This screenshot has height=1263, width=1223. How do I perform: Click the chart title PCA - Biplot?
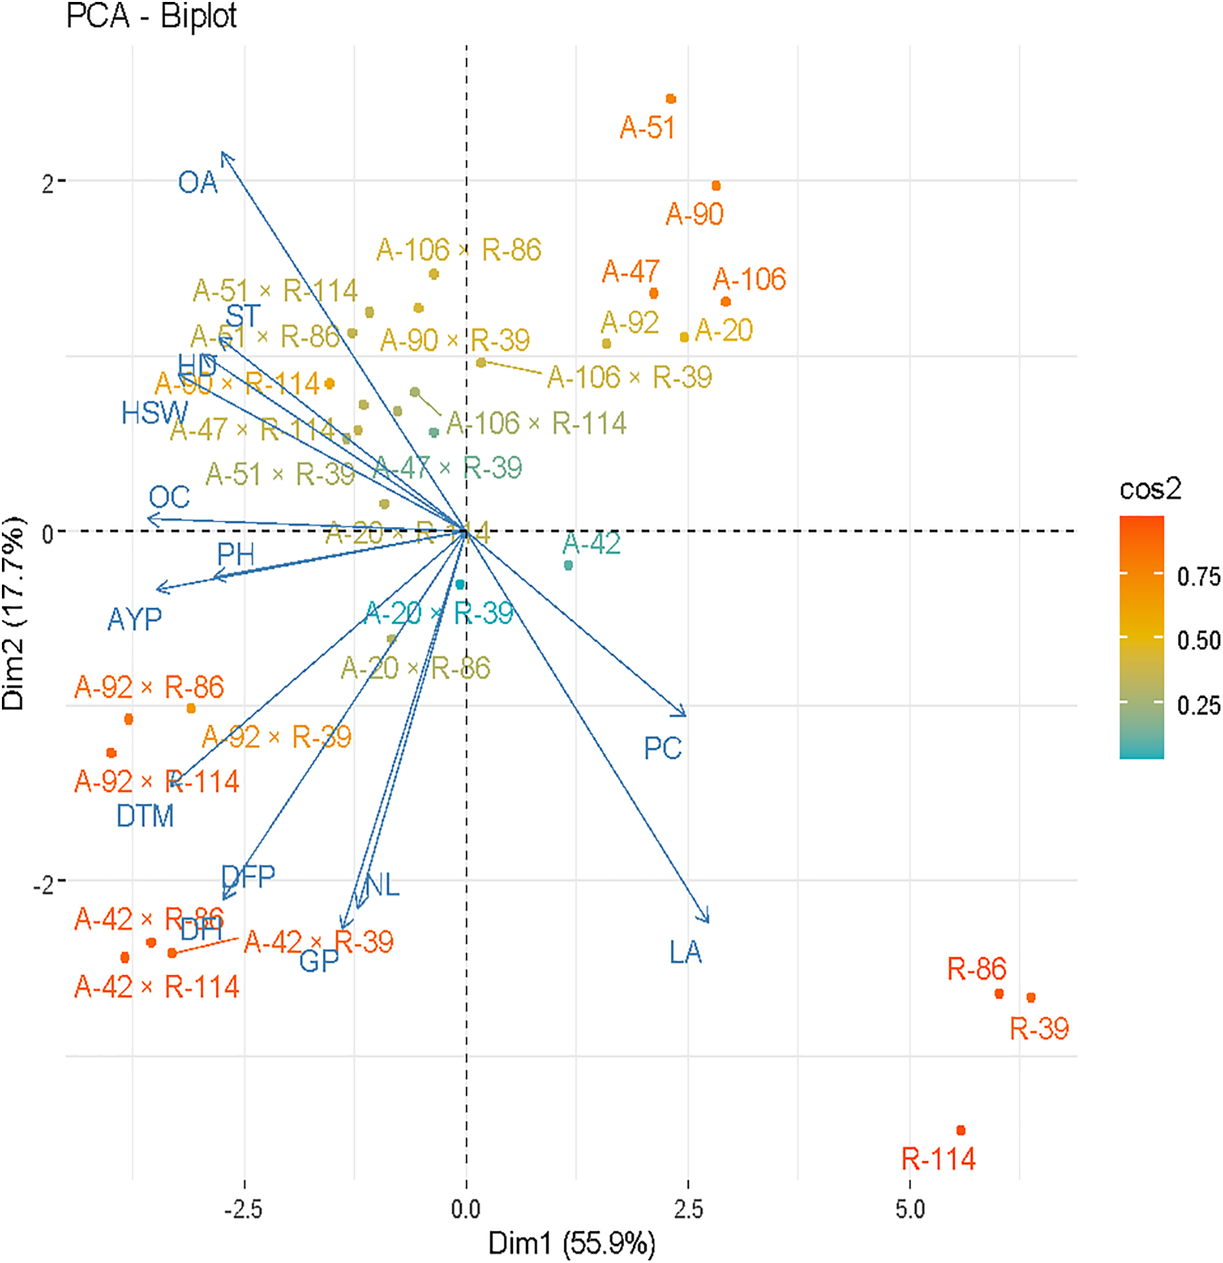point(151,16)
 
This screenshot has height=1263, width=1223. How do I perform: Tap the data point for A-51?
point(671,99)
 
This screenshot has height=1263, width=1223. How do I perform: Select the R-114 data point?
point(961,1130)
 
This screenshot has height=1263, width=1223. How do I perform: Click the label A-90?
point(694,214)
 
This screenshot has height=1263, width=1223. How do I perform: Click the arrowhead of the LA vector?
point(707,921)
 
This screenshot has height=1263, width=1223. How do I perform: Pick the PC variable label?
point(662,748)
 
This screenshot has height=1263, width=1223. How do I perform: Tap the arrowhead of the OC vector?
point(150,519)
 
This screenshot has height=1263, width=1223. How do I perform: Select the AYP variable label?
point(134,619)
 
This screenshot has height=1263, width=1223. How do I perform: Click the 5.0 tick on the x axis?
point(910,1210)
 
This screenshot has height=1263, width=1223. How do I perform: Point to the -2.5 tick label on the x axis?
point(243,1210)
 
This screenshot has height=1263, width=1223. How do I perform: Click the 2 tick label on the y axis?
point(48,184)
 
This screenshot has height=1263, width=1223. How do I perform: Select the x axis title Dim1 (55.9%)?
point(572,1244)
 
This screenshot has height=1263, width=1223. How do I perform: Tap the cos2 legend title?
point(1150,489)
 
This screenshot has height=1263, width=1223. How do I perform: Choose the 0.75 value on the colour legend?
point(1198,577)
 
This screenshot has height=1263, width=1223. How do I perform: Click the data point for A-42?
point(568,565)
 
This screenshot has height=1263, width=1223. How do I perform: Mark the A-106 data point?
point(726,302)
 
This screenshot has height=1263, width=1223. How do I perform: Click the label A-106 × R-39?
point(629,377)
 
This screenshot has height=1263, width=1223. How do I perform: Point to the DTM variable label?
point(145,816)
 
